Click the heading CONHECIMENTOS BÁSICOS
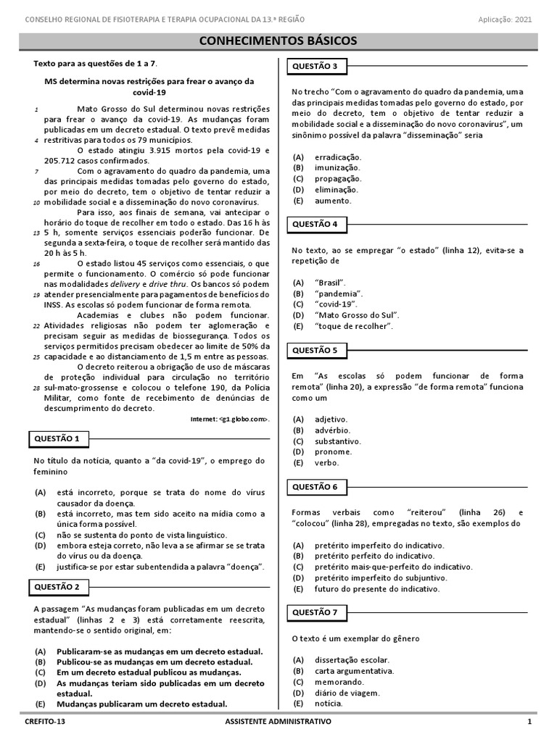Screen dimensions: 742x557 278,41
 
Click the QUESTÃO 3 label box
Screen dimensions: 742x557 315,67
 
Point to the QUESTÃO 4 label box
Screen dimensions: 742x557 315,225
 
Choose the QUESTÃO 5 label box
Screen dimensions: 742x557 315,351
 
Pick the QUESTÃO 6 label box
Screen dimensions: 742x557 315,487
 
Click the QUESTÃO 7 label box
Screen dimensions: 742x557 315,612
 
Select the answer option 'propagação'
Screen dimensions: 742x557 338,178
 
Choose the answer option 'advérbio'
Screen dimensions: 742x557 332,430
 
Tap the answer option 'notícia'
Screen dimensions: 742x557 329,703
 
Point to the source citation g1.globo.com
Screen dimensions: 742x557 229,420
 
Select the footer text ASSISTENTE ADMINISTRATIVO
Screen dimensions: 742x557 278,722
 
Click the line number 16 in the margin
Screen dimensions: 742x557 36,264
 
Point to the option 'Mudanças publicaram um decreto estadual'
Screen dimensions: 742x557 142,704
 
